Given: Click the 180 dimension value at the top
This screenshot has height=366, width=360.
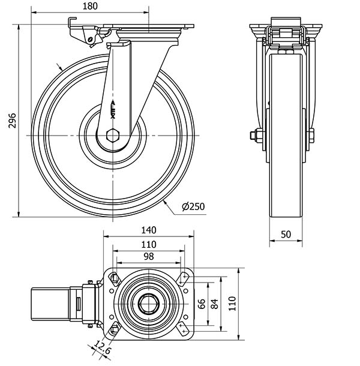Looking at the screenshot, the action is click(x=90, y=7).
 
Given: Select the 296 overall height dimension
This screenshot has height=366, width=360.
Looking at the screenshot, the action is click(x=12, y=121).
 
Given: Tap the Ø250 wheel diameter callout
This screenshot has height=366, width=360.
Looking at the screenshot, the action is click(x=193, y=206).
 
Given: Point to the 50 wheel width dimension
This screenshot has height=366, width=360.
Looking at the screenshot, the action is click(x=286, y=235).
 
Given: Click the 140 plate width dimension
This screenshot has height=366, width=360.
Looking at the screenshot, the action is click(x=149, y=230).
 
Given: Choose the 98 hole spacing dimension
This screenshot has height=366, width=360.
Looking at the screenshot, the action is click(x=149, y=257).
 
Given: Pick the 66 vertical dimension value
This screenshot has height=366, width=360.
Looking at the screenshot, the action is click(x=202, y=304).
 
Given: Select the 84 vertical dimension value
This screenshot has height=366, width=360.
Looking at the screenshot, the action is click(x=214, y=304).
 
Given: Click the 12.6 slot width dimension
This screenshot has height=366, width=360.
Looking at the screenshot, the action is click(x=103, y=347).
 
